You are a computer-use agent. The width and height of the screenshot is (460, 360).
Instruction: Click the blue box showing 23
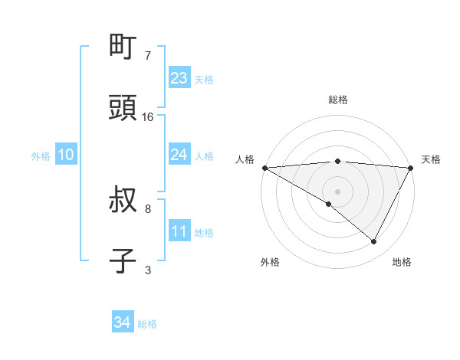pos(179,78)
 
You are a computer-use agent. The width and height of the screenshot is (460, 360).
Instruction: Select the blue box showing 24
pos(179,155)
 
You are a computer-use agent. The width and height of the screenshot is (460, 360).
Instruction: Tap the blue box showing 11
pos(179,231)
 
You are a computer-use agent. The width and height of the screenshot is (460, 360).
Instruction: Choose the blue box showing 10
pos(66,155)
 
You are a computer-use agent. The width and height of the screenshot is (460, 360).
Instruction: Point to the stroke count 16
pos(148,117)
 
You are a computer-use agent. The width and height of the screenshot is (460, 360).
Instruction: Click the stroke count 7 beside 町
pos(148,56)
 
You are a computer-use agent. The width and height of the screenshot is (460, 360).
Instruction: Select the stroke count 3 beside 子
pos(148,270)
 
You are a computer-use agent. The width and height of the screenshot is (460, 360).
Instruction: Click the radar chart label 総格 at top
pos(338,100)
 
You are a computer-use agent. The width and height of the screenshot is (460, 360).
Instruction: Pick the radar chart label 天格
pos(432,159)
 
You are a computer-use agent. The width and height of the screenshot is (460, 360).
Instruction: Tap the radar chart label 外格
pos(270,262)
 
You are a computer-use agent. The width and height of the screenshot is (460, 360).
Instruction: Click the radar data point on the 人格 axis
pos(264,167)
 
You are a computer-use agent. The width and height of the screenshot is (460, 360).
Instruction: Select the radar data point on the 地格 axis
pos(374,241)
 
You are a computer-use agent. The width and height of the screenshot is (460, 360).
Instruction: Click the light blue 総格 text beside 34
pos(147,324)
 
